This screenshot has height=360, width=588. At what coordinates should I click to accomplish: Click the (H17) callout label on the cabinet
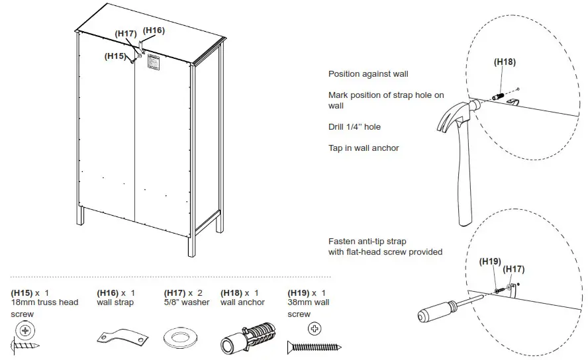(126, 34)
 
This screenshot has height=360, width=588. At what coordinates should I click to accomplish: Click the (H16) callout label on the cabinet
(154, 30)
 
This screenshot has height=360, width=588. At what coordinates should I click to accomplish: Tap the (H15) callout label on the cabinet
(115, 56)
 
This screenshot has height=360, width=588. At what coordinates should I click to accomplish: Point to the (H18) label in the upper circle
(505, 62)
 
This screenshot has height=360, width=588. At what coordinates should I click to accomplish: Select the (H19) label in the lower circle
(490, 261)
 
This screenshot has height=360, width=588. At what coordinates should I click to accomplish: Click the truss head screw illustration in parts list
(26, 337)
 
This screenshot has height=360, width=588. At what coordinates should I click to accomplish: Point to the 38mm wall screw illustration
(314, 345)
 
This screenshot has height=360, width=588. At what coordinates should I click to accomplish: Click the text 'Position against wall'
(368, 74)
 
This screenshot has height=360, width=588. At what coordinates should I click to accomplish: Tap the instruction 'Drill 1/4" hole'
(354, 127)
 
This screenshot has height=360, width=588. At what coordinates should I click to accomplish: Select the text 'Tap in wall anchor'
(364, 148)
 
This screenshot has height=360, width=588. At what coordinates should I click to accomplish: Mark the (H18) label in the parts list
(232, 292)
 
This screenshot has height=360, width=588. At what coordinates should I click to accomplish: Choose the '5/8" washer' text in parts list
(186, 302)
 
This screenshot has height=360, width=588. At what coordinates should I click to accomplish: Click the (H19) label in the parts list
(299, 292)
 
